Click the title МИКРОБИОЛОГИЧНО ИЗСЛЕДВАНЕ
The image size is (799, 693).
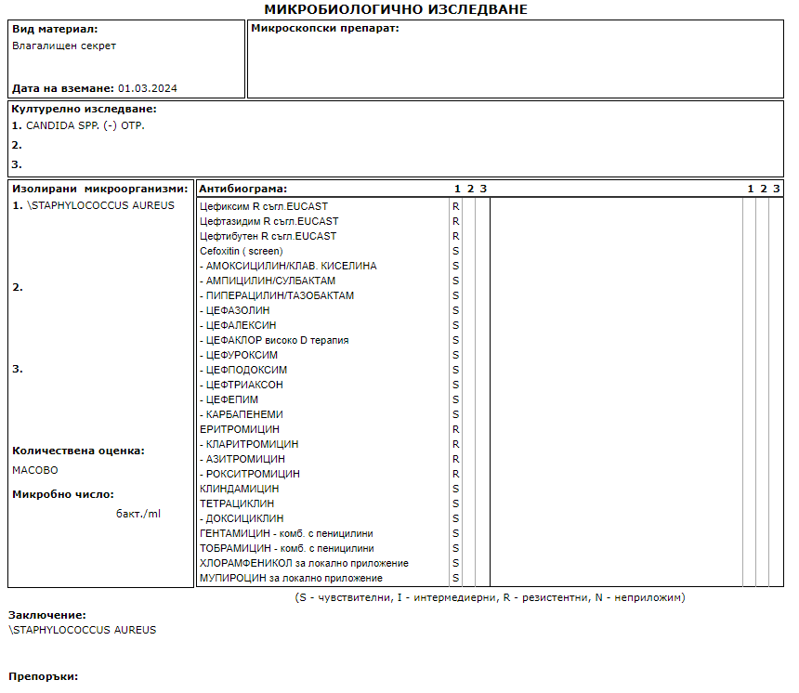(x=396, y=9)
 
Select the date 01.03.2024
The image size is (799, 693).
(x=148, y=88)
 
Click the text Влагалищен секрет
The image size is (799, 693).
(x=64, y=46)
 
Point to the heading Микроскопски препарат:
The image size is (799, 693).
(x=325, y=29)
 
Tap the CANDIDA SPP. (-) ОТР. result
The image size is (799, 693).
(x=85, y=125)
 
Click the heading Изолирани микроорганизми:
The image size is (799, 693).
(x=100, y=189)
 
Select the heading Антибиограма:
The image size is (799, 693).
(x=243, y=189)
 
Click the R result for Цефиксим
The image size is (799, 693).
(x=456, y=206)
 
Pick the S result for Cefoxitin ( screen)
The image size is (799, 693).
(x=456, y=251)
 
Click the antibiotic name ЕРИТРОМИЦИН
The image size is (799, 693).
(x=240, y=429)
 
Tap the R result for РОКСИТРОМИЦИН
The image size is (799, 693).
(x=456, y=474)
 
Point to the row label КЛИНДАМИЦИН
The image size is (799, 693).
(x=240, y=489)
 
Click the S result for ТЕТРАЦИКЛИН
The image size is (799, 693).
(x=456, y=503)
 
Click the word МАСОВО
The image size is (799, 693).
(x=34, y=470)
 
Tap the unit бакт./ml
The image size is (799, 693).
(x=138, y=514)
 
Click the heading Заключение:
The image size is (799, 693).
(x=47, y=615)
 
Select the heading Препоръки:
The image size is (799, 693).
(x=44, y=676)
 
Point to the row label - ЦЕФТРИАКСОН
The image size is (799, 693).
(x=242, y=385)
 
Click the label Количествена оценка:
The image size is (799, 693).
(x=78, y=451)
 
